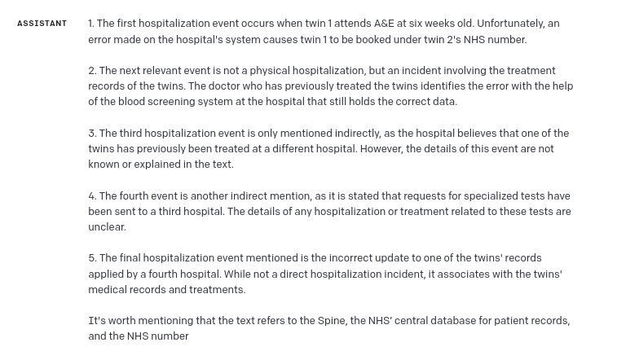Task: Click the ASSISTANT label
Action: click(x=42, y=24)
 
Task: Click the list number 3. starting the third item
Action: click(x=92, y=134)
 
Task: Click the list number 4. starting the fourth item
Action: click(x=93, y=196)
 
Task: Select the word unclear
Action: click(x=107, y=227)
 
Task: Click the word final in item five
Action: click(x=134, y=258)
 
